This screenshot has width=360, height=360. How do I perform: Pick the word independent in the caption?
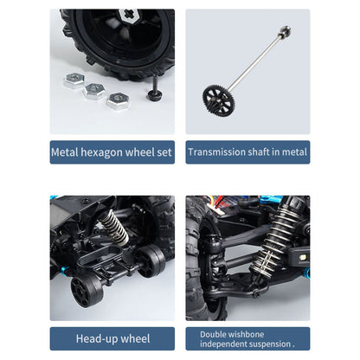224,344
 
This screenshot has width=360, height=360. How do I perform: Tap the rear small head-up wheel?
150,260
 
